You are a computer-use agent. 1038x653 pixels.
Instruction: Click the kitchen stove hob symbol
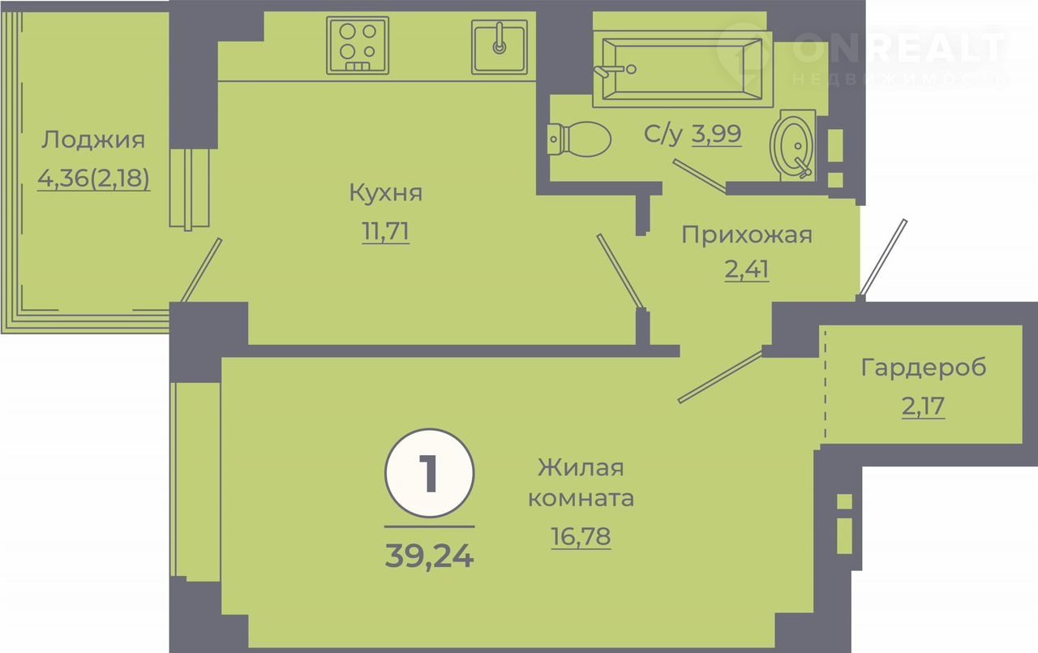[358, 45]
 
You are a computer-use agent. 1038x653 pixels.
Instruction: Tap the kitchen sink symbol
[499, 47]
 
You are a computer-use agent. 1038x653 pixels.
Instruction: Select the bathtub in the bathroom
[683, 69]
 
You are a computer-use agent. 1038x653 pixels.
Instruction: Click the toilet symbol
[579, 139]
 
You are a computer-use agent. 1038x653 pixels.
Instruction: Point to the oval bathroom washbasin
[793, 145]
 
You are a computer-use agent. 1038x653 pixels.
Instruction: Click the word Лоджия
[93, 140]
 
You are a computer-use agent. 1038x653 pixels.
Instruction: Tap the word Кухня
[385, 192]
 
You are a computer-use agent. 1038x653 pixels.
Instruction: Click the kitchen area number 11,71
[385, 231]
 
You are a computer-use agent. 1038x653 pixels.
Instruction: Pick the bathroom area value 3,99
[716, 134]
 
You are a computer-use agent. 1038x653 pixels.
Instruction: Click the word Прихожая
[747, 234]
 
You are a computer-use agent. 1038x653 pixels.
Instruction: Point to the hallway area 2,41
[747, 269]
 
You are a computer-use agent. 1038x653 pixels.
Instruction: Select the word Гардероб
[924, 367]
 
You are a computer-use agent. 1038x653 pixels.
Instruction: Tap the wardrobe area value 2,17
[923, 406]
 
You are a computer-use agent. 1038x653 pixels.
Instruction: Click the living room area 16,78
[581, 537]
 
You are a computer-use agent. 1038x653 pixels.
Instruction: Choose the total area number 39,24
[429, 555]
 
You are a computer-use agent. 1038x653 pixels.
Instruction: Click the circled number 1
[430, 473]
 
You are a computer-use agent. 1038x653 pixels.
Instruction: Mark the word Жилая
[581, 467]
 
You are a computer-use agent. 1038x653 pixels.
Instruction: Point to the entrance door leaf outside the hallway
[883, 257]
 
